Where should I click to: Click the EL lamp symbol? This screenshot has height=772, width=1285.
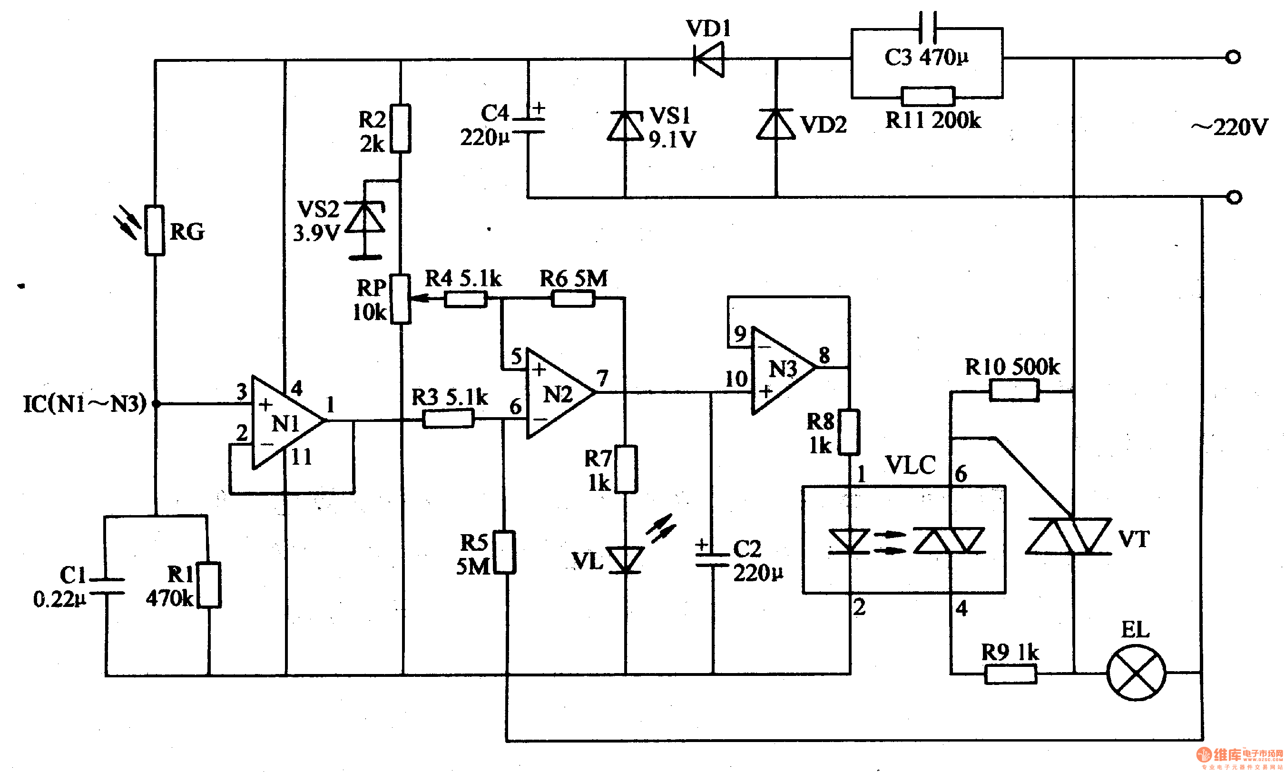1136,673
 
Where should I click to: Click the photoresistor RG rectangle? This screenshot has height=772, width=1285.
155,230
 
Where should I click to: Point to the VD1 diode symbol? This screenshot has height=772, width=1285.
708,60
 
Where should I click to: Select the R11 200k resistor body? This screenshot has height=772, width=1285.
928,96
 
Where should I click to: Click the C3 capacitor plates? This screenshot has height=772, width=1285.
928,27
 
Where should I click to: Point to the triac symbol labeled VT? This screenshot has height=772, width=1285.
1068,536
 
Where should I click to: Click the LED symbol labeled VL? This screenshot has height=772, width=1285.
625,559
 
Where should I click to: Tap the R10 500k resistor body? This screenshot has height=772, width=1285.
1014,390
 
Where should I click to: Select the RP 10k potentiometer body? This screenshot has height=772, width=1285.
401,299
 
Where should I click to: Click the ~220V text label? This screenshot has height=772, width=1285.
1230,127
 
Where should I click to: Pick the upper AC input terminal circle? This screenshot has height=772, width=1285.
1233,57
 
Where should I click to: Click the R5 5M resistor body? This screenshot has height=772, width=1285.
504,552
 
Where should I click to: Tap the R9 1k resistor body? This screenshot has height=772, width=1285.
1010,674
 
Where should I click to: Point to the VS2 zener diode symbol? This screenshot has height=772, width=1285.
365,217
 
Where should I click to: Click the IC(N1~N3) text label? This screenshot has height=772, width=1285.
85,404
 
